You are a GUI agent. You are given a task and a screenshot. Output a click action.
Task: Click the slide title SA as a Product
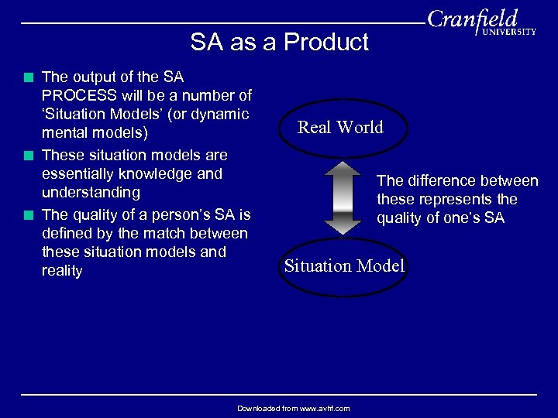pos(279,42)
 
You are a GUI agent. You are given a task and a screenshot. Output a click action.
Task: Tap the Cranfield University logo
pos(480,22)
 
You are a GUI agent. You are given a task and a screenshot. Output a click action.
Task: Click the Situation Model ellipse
pos(344,266)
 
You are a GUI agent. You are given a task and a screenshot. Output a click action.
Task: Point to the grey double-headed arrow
pos(343,197)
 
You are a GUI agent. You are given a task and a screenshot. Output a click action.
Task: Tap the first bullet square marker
pos(29,77)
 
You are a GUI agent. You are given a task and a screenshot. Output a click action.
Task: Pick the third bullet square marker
pos(29,215)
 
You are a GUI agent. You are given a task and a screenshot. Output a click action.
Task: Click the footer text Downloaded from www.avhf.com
pos(293,408)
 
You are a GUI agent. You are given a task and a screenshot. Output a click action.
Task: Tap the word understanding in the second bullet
pos(91,193)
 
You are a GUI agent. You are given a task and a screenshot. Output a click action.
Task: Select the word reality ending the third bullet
pos(62,271)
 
